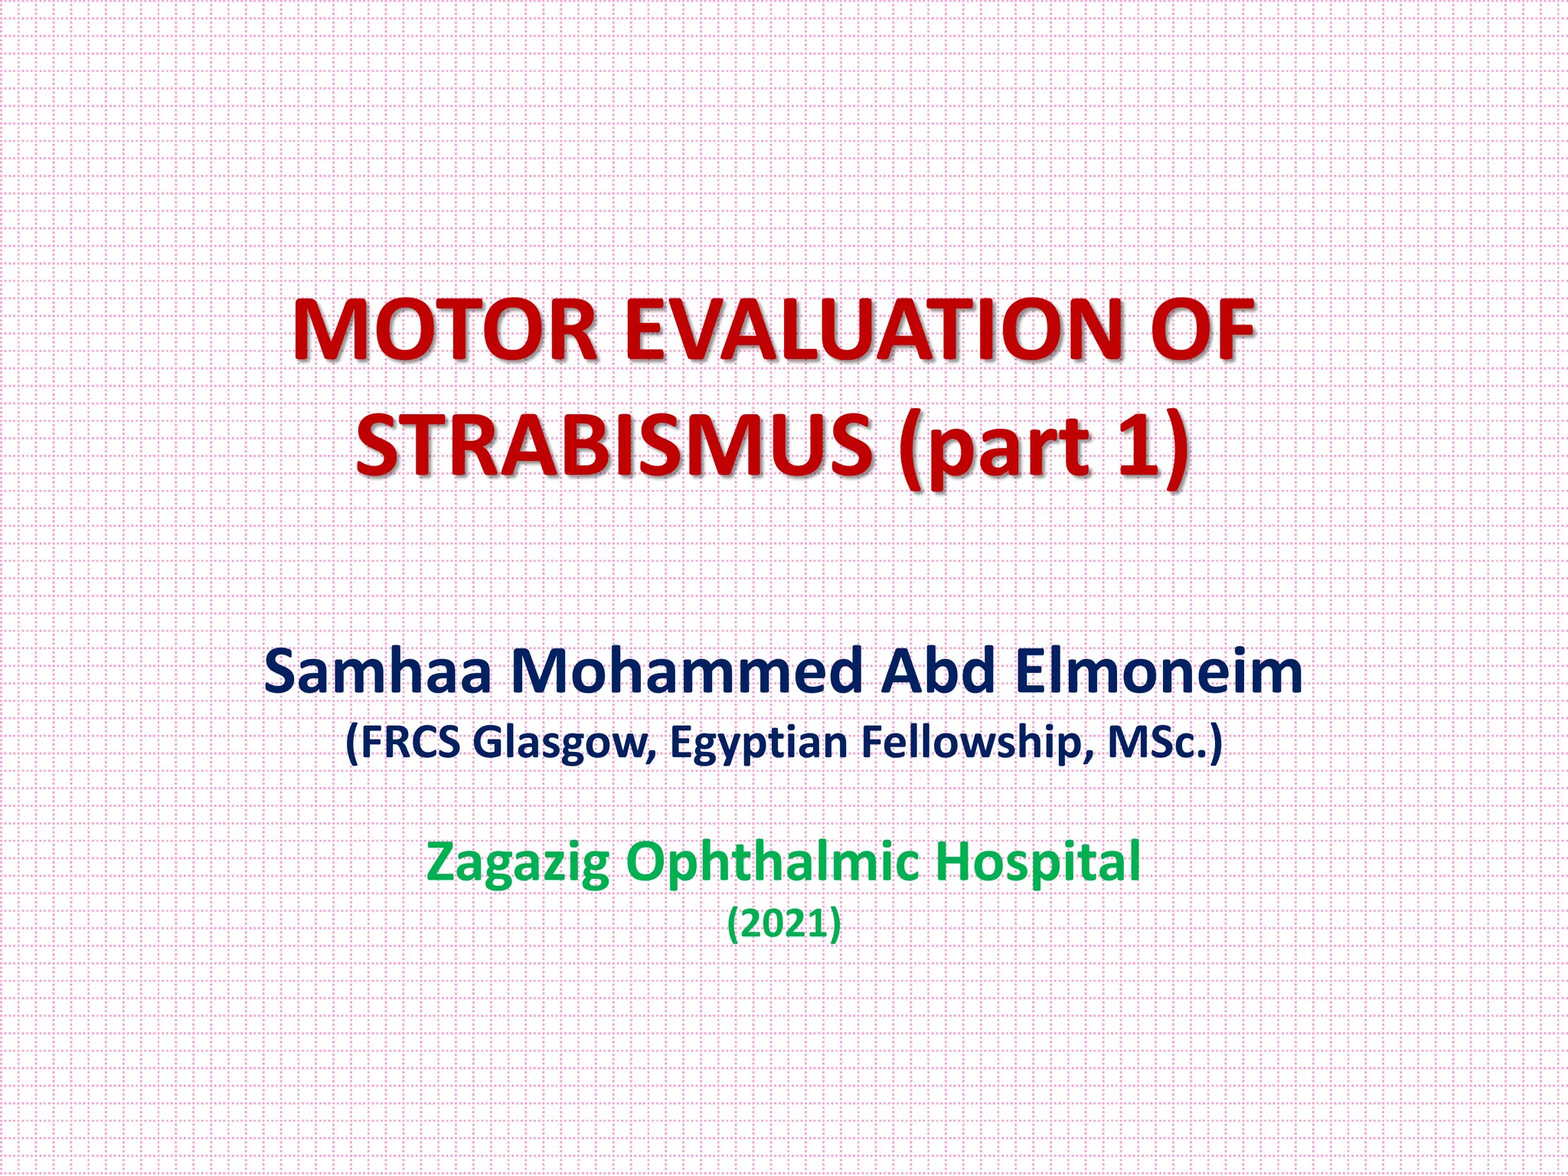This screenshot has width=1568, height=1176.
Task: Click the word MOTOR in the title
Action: pyautogui.click(x=445, y=331)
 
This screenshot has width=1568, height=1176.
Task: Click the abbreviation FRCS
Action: pyautogui.click(x=410, y=742)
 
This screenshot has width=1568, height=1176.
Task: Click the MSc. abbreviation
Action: pyautogui.click(x=1156, y=742)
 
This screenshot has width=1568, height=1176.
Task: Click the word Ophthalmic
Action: pyautogui.click(x=773, y=863)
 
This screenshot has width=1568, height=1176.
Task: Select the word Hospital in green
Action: pyautogui.click(x=1037, y=863)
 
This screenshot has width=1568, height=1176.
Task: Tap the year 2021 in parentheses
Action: pyautogui.click(x=783, y=923)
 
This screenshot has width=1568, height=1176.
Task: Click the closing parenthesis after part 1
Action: pyautogui.click(x=1178, y=448)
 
